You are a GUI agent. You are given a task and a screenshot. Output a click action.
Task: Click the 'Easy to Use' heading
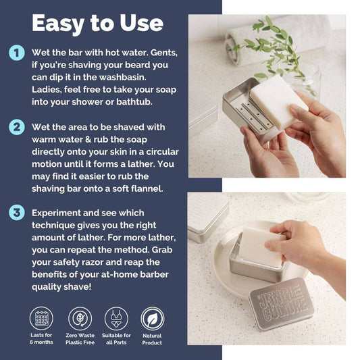click(x=97, y=24)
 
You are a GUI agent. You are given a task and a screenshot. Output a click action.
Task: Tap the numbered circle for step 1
click(x=17, y=53)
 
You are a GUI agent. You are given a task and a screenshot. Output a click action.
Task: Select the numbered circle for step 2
click(x=17, y=127)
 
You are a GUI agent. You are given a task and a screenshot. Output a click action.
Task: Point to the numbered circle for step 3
click(x=17, y=213)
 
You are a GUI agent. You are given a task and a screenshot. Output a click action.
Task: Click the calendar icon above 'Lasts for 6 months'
click(x=41, y=318)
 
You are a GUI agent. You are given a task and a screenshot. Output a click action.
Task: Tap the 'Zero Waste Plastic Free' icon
click(x=80, y=318)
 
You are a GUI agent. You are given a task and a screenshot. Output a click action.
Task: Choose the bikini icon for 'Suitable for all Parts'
click(x=116, y=318)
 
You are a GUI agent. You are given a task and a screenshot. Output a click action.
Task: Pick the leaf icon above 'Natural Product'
click(x=153, y=319)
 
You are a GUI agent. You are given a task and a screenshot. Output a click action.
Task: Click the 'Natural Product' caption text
click(x=152, y=339)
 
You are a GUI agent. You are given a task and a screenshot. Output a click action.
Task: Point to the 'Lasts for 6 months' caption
click(x=41, y=338)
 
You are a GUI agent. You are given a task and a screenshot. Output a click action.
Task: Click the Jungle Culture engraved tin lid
click(x=282, y=304)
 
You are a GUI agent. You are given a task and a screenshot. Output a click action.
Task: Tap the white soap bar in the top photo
click(x=279, y=101)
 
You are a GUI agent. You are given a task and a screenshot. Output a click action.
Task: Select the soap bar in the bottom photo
click(x=262, y=247)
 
